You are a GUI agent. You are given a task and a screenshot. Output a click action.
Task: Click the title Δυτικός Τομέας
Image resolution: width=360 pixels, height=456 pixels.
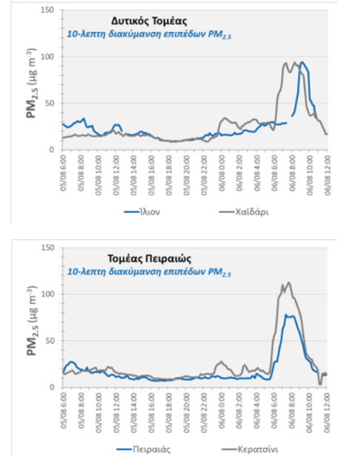click(149, 21)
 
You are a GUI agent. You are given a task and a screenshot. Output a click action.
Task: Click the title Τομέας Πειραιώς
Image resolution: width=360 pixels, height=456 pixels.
click(149, 259)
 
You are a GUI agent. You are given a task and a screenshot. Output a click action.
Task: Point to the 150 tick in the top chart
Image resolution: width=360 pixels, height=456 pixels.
click(47, 10)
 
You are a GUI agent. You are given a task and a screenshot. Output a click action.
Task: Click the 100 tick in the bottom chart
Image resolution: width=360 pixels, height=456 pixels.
click(47, 294)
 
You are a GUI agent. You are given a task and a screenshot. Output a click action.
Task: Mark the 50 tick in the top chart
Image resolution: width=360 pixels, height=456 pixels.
click(49, 104)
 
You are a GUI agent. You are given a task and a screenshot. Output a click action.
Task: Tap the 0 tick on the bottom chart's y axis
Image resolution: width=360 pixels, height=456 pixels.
click(52, 387)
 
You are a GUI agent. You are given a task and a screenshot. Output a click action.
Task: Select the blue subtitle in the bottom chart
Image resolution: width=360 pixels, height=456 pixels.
click(149, 272)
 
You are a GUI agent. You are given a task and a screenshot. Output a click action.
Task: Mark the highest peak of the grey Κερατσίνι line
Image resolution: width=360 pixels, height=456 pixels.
click(289, 282)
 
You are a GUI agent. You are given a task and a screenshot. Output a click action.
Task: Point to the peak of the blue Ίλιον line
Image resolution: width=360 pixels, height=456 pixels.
click(302, 62)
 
